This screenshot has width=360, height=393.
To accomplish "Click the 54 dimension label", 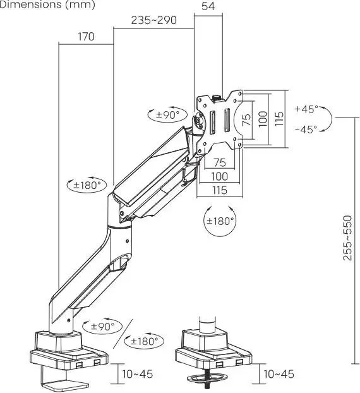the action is tap(208, 6).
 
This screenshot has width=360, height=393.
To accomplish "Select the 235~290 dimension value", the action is tap(154, 20).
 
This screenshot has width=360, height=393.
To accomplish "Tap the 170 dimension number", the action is tap(86, 37).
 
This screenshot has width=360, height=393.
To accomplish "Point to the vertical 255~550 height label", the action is tap(347, 238).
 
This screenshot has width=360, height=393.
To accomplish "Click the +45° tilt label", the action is tap(306, 109).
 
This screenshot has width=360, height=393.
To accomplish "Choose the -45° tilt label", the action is tap(306, 130).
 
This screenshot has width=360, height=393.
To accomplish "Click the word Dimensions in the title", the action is tap(30, 4).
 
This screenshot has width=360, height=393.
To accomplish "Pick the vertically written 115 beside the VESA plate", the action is tap(279, 119).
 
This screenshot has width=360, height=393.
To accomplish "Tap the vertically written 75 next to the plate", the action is tap(246, 119).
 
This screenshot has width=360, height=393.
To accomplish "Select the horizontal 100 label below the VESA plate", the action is tap(220, 176).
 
